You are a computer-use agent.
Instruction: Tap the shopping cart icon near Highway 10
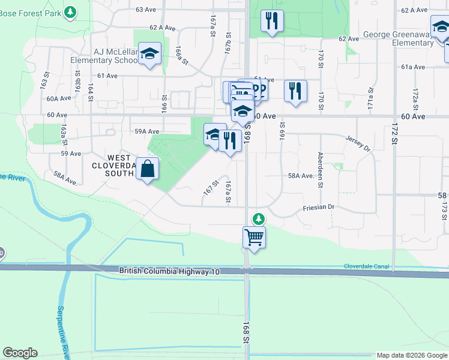pyautogui.click(x=254, y=237)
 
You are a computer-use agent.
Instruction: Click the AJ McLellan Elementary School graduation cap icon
pyautogui.click(x=149, y=54)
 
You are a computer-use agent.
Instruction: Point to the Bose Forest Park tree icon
pyautogui.click(x=71, y=11)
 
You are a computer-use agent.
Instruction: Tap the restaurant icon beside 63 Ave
pyautogui.click(x=272, y=21)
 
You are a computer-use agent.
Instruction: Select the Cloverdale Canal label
pyautogui.click(x=366, y=266)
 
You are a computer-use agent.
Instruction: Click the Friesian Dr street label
pyautogui.click(x=318, y=207)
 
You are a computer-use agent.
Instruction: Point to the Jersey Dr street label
pyautogui.click(x=358, y=139)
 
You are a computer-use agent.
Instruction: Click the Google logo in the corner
pyautogui.click(x=20, y=353)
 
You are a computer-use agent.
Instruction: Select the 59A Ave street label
pyautogui.click(x=146, y=131)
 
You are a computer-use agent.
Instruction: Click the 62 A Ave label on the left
pyautogui.click(x=162, y=28)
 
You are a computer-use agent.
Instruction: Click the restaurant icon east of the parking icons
pyautogui.click(x=295, y=91)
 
